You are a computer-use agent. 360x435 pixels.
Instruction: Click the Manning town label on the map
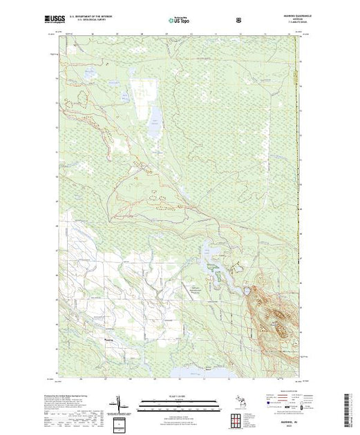(109, 340)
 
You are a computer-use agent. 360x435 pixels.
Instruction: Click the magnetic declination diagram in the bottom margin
(118, 401)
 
